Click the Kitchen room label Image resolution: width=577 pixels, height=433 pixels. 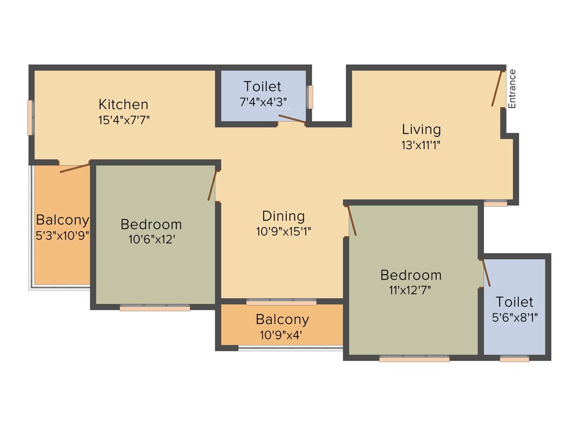pyautogui.click(x=123, y=104)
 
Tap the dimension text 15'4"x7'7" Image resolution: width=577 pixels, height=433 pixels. pyautogui.click(x=123, y=120)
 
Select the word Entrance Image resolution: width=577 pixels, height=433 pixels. pyautogui.click(x=512, y=89)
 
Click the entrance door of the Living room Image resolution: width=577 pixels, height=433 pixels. pyautogui.click(x=496, y=89)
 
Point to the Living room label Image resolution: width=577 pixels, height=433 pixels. pyautogui.click(x=421, y=129)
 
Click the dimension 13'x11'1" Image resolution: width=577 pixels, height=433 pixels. pyautogui.click(x=421, y=144)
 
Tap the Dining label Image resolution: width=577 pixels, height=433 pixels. pyautogui.click(x=283, y=216)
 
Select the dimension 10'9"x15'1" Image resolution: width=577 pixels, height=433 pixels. pyautogui.click(x=283, y=231)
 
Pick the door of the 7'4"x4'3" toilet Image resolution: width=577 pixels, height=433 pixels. pyautogui.click(x=292, y=118)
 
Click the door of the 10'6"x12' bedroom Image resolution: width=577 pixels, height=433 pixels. pyautogui.click(x=212, y=185)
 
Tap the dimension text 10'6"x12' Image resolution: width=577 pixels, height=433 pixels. pyautogui.click(x=151, y=239)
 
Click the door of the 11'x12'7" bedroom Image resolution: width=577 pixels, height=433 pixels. pyautogui.click(x=352, y=220)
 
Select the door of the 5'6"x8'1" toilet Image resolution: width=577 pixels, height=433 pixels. pyautogui.click(x=486, y=273)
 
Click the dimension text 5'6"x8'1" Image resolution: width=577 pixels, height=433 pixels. pyautogui.click(x=514, y=317)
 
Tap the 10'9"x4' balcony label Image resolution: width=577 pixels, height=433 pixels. pyautogui.click(x=282, y=320)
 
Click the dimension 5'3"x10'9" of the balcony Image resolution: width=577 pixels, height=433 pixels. pyautogui.click(x=62, y=235)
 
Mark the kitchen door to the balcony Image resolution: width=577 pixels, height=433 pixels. pyautogui.click(x=74, y=167)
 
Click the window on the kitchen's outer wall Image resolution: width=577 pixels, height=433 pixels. pyautogui.click(x=30, y=117)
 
